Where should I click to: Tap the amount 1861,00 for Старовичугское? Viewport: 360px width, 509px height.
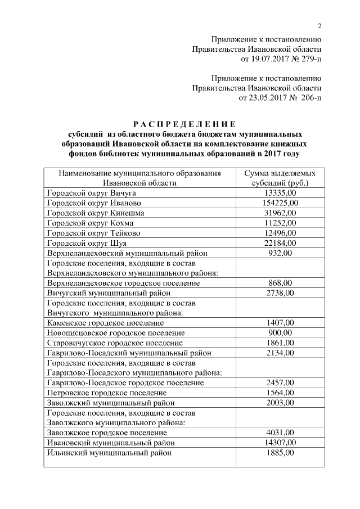coord(280,343)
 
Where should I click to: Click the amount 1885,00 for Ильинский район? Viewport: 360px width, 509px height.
coord(280,452)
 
